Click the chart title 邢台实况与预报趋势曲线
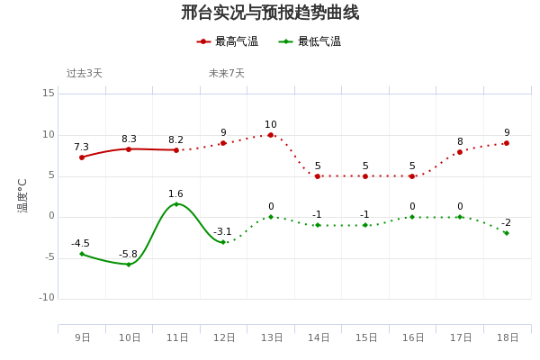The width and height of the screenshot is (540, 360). tap(270, 13)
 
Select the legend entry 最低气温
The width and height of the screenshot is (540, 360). tap(310, 41)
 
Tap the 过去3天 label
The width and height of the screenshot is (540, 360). tap(85, 74)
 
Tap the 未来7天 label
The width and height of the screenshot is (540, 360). tap(227, 74)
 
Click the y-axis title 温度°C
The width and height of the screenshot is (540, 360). tap(22, 194)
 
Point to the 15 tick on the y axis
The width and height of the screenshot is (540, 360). tap(49, 93)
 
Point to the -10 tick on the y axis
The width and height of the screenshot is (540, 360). tap(47, 298)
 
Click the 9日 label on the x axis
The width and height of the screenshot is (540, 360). tap(83, 337)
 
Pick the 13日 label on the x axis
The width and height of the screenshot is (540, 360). tap(271, 337)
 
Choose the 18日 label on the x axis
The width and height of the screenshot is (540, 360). tap(508, 337)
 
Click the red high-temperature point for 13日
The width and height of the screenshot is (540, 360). tap(270, 135)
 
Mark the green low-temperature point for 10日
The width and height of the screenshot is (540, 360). tap(129, 265)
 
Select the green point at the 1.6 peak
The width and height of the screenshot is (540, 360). tap(175, 204)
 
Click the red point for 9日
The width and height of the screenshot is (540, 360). tap(82, 157)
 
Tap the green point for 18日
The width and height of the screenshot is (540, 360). tap(507, 233)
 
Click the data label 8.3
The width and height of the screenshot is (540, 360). tap(129, 139)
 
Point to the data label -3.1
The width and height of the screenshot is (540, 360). tap(222, 232)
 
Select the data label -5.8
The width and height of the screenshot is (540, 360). tap(128, 255)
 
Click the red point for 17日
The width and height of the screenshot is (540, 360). tap(459, 152)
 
